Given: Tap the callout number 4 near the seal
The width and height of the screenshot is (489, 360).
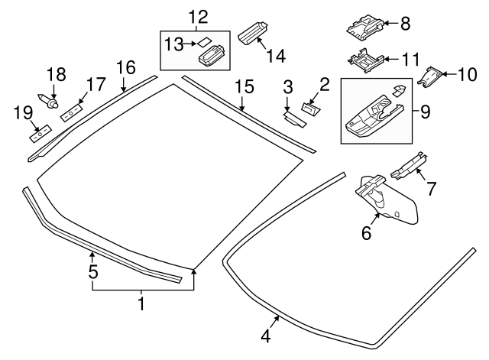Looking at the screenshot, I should point(265,335).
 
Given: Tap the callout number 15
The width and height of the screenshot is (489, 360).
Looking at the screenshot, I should point(243,85).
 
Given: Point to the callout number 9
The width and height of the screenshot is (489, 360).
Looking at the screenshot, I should point(425,111).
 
